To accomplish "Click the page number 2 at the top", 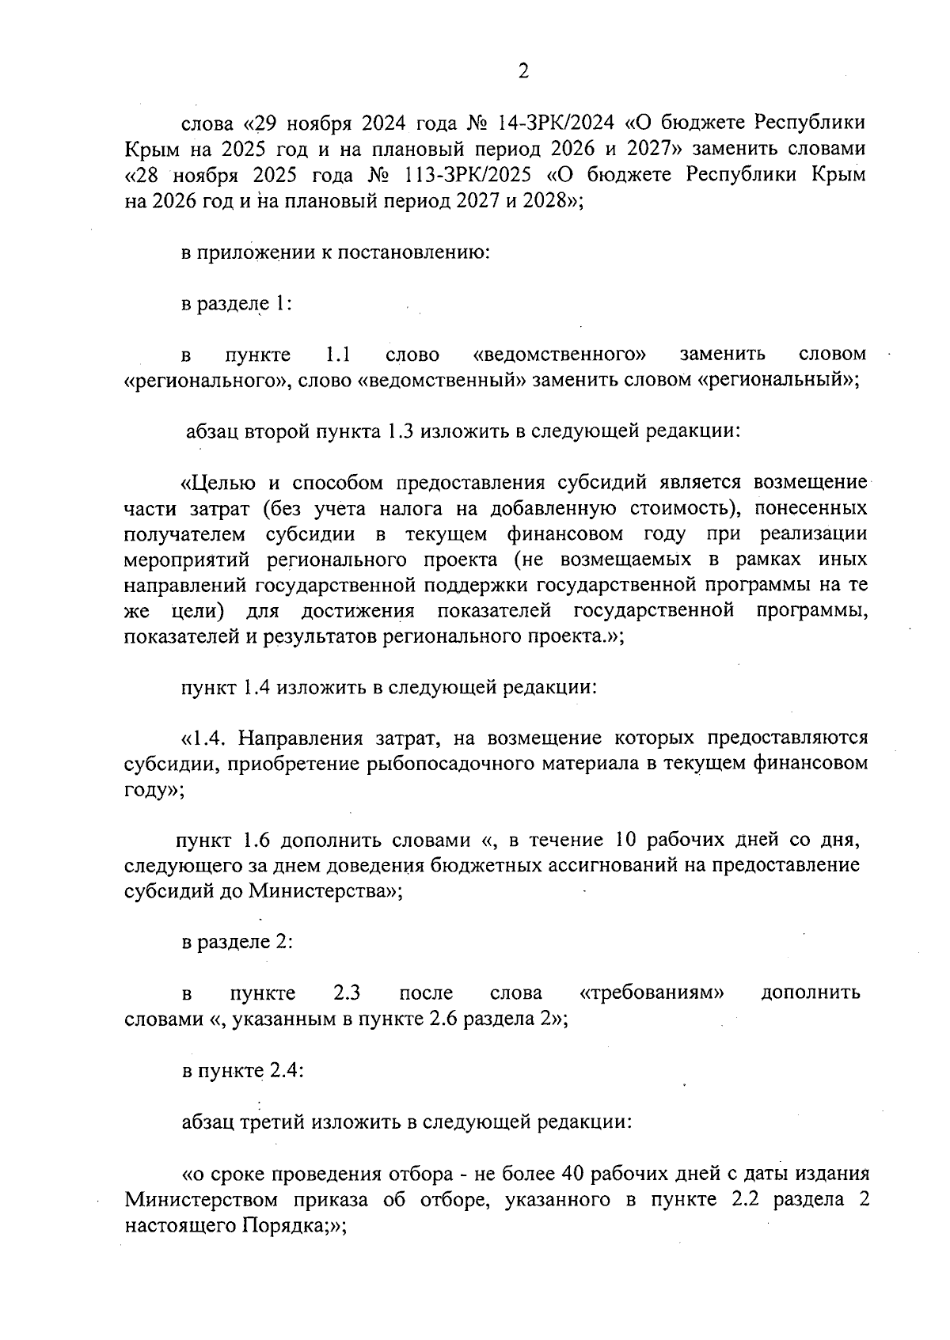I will tap(522, 72).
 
